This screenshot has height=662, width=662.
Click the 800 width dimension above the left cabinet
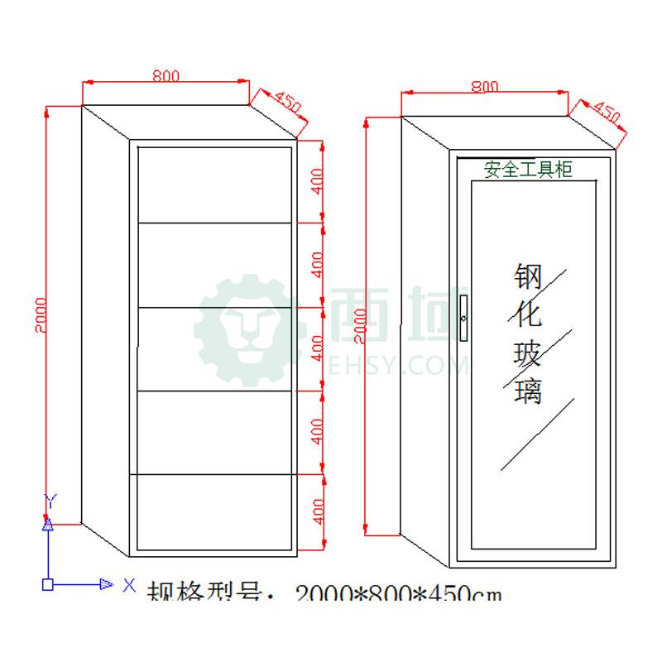tap(165, 75)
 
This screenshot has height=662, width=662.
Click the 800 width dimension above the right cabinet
tap(484, 86)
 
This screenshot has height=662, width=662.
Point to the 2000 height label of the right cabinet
tap(359, 326)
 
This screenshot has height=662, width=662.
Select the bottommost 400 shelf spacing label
tap(316, 512)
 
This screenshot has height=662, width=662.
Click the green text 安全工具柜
tap(528, 170)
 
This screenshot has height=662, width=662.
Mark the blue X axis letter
tap(129, 584)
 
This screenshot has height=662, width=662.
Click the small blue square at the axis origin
tap(48, 584)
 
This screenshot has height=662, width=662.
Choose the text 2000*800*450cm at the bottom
tap(398, 593)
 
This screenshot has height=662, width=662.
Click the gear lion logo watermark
tap(248, 331)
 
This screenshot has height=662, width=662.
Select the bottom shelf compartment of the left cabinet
tap(214, 511)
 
